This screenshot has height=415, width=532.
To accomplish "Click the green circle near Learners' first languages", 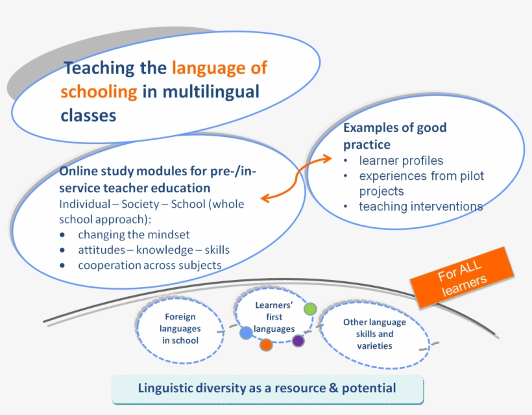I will coord(310,309).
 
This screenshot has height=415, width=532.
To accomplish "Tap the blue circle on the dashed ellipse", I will coord(246,333).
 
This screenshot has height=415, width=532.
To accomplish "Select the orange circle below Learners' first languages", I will coord(266,345).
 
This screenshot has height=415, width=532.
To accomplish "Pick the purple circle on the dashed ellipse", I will coord(298,340).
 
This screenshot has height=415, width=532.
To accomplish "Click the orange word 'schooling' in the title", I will coord(99,92).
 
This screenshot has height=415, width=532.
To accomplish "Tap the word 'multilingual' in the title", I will coord(210,92).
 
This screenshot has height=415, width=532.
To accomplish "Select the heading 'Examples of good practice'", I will coord(394,136).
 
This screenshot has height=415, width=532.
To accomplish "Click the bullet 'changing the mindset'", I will coord(134,234).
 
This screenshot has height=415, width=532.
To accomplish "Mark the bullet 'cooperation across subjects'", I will coord(149,265).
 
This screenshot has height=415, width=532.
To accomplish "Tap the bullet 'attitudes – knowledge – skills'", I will coord(154,250).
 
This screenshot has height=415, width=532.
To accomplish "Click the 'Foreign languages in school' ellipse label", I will coord(180,329).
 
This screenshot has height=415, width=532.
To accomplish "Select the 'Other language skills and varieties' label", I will coord(374,334).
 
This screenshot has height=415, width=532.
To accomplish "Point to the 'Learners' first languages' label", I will coord(273,317).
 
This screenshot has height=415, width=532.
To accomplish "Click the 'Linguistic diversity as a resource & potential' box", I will coord(267,388).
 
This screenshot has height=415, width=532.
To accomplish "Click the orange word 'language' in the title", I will coord(219,68).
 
